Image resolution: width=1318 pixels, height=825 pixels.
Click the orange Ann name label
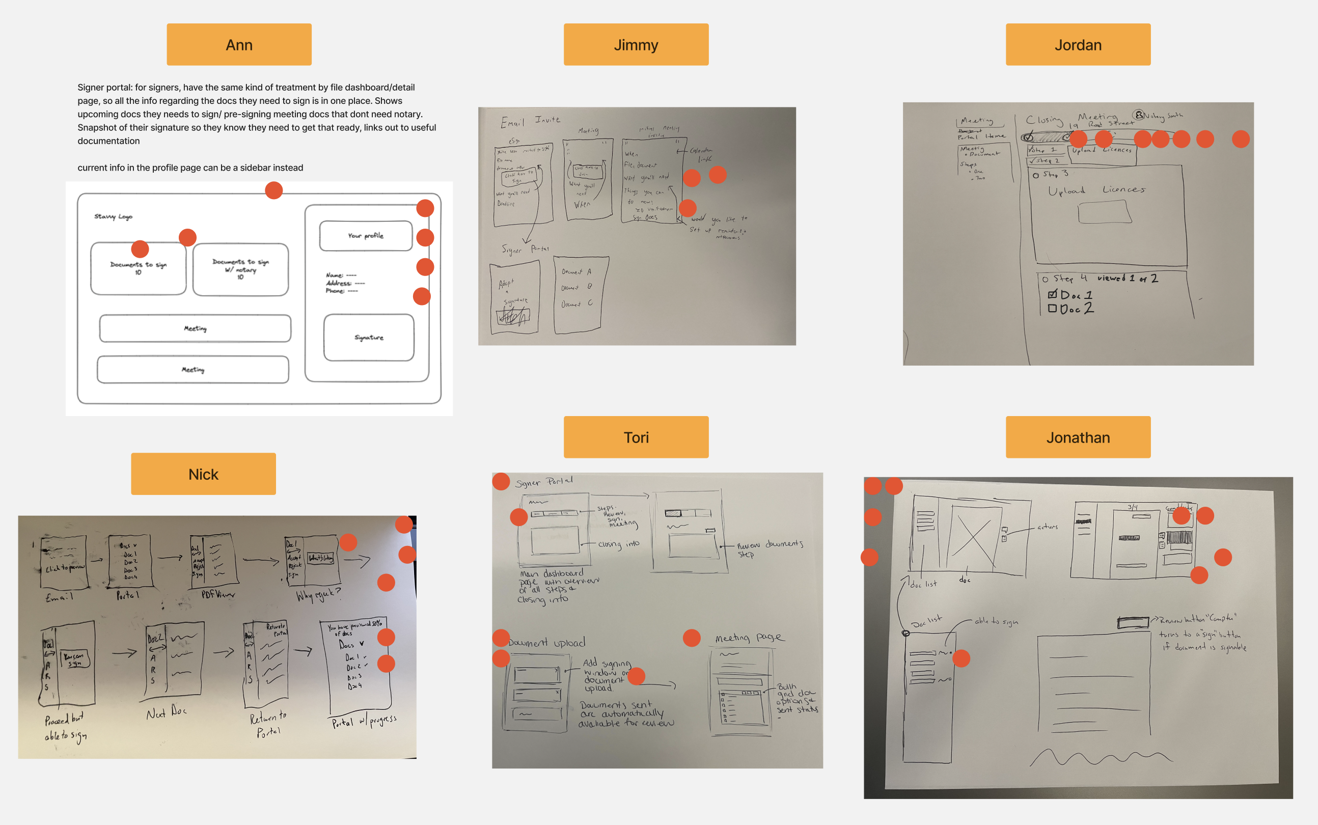(x=239, y=45)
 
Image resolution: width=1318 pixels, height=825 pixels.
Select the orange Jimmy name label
(x=636, y=45)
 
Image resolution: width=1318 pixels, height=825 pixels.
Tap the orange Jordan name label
(x=1078, y=45)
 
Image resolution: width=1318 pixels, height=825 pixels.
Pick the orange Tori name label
(x=636, y=437)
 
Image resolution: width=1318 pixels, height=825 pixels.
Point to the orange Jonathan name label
(x=1078, y=437)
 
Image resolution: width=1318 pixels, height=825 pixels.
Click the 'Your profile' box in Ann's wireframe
(x=366, y=236)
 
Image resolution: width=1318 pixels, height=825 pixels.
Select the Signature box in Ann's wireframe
(x=369, y=337)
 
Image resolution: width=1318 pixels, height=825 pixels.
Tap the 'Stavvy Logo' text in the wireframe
(x=114, y=216)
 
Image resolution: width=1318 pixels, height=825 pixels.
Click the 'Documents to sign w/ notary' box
(x=240, y=269)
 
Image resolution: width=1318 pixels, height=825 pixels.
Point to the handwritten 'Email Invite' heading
(x=530, y=121)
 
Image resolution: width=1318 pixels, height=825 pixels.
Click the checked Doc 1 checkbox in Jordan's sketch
(x=1052, y=295)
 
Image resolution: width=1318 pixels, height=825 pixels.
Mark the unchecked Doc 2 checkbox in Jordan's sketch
(x=1052, y=308)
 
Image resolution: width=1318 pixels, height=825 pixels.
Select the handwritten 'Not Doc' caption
(x=167, y=712)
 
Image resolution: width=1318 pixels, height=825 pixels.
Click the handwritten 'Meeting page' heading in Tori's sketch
(x=749, y=637)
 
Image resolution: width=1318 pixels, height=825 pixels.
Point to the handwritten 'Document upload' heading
(x=546, y=643)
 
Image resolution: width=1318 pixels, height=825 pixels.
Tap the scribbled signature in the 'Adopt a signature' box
(x=513, y=316)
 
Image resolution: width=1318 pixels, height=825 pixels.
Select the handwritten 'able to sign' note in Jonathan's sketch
(x=996, y=621)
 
